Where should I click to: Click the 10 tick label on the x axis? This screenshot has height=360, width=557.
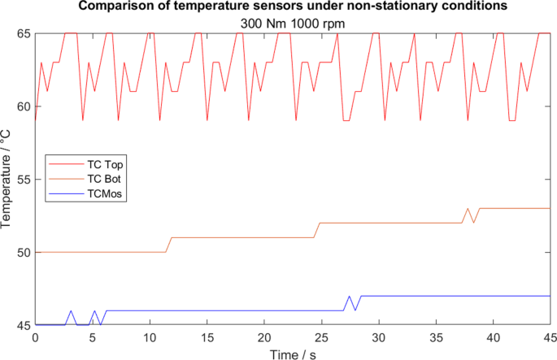[150, 336]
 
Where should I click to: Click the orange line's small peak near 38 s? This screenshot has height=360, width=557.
[468, 209]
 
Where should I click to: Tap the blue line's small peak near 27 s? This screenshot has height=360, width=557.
[349, 297]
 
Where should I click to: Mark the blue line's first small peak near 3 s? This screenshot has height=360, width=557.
[71, 311]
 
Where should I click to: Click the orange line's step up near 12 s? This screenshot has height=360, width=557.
[169, 245]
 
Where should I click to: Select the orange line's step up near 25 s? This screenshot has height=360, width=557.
[316, 230]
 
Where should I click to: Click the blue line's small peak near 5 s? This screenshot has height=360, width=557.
[94, 311]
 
